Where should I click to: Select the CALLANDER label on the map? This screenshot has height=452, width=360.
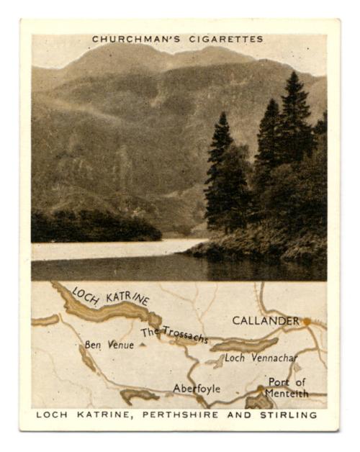pos(266,320)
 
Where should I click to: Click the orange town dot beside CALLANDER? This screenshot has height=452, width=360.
pos(307,321)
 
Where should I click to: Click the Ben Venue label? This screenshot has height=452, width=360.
pos(109,345)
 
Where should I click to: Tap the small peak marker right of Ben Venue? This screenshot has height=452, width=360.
pos(142,345)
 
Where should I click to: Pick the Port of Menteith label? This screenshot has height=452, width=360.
pos(287,387)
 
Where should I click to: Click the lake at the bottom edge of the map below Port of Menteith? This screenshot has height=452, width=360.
pos(259,402)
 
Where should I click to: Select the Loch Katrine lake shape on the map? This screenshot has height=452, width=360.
pos(108,309)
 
